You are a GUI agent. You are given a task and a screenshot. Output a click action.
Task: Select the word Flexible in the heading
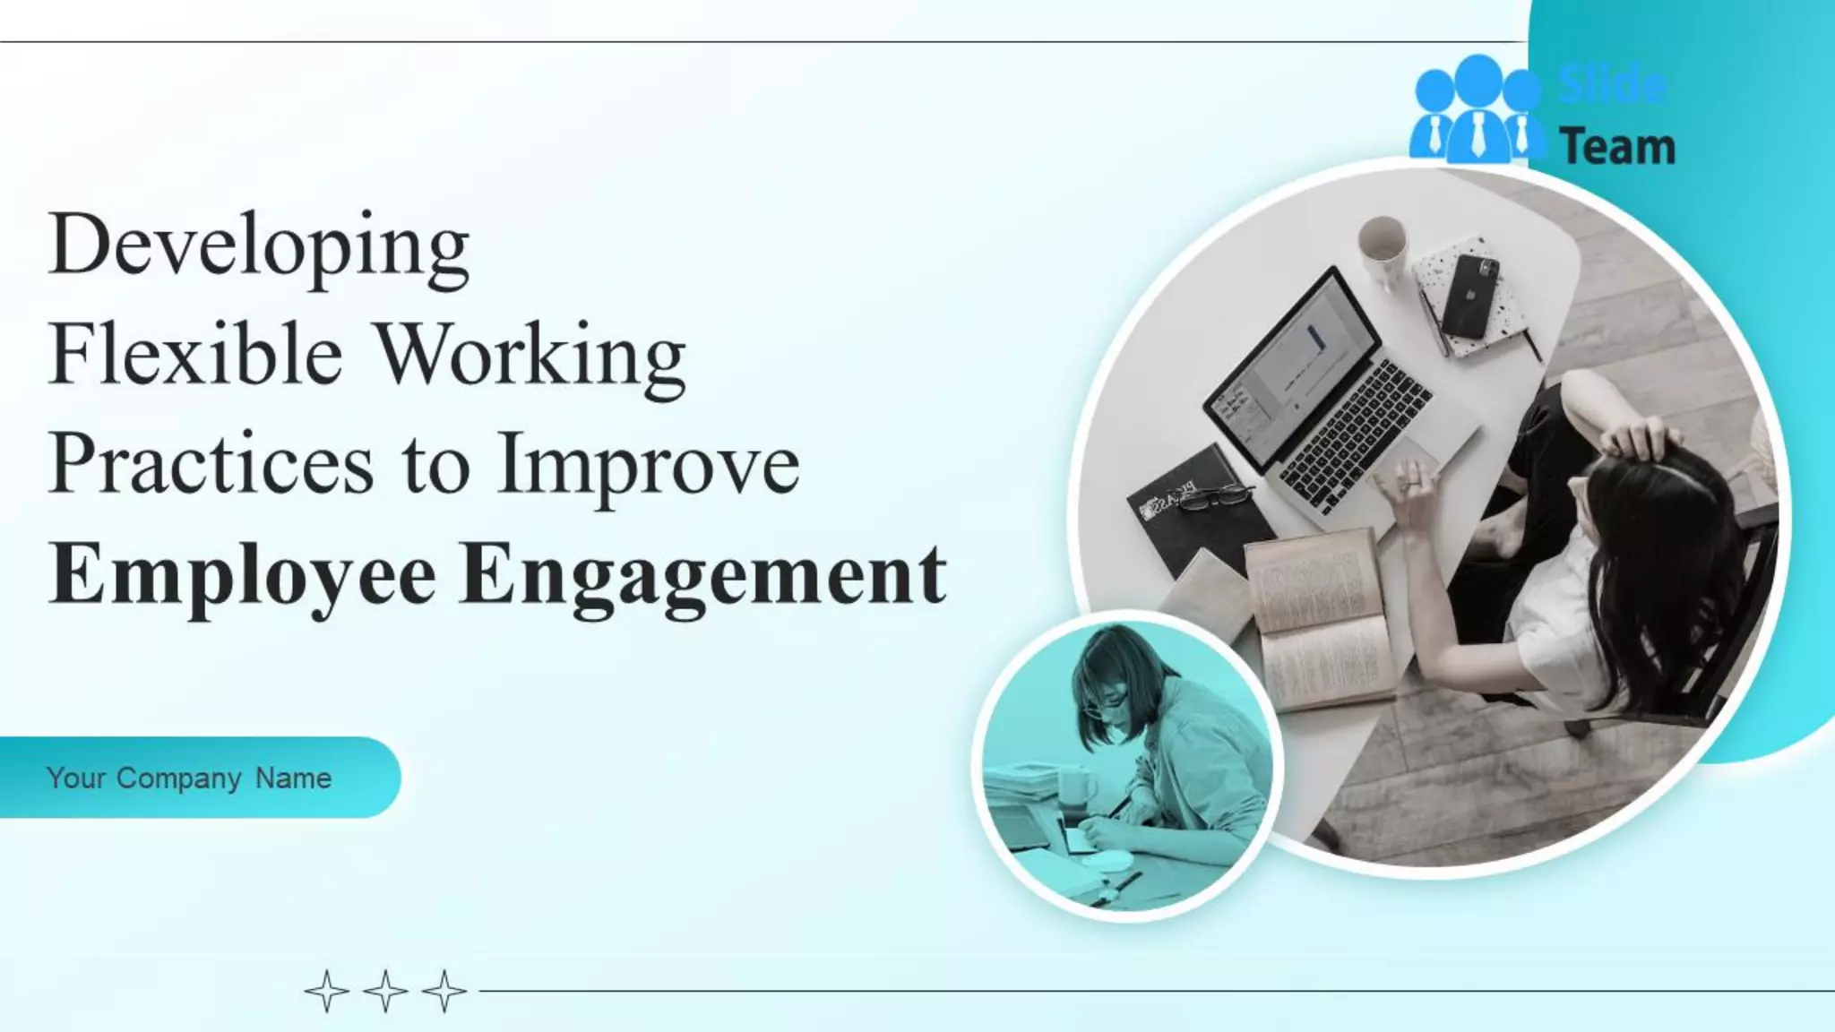[x=195, y=355]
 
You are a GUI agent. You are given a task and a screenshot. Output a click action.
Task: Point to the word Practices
[x=211, y=464]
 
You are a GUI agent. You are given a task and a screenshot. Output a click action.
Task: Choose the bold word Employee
[x=243, y=576]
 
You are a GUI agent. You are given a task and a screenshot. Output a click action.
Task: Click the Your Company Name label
[x=189, y=778]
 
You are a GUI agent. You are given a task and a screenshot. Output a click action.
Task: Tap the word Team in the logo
[x=1617, y=147]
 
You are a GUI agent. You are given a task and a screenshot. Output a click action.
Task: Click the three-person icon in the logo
[x=1477, y=111]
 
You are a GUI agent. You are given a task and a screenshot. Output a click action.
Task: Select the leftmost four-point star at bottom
[x=327, y=991]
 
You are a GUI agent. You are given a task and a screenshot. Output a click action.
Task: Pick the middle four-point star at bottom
[x=386, y=991]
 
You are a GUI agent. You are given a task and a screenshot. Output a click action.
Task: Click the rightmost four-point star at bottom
[x=444, y=991]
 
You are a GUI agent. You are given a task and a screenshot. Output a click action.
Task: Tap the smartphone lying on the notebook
[x=1470, y=295]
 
